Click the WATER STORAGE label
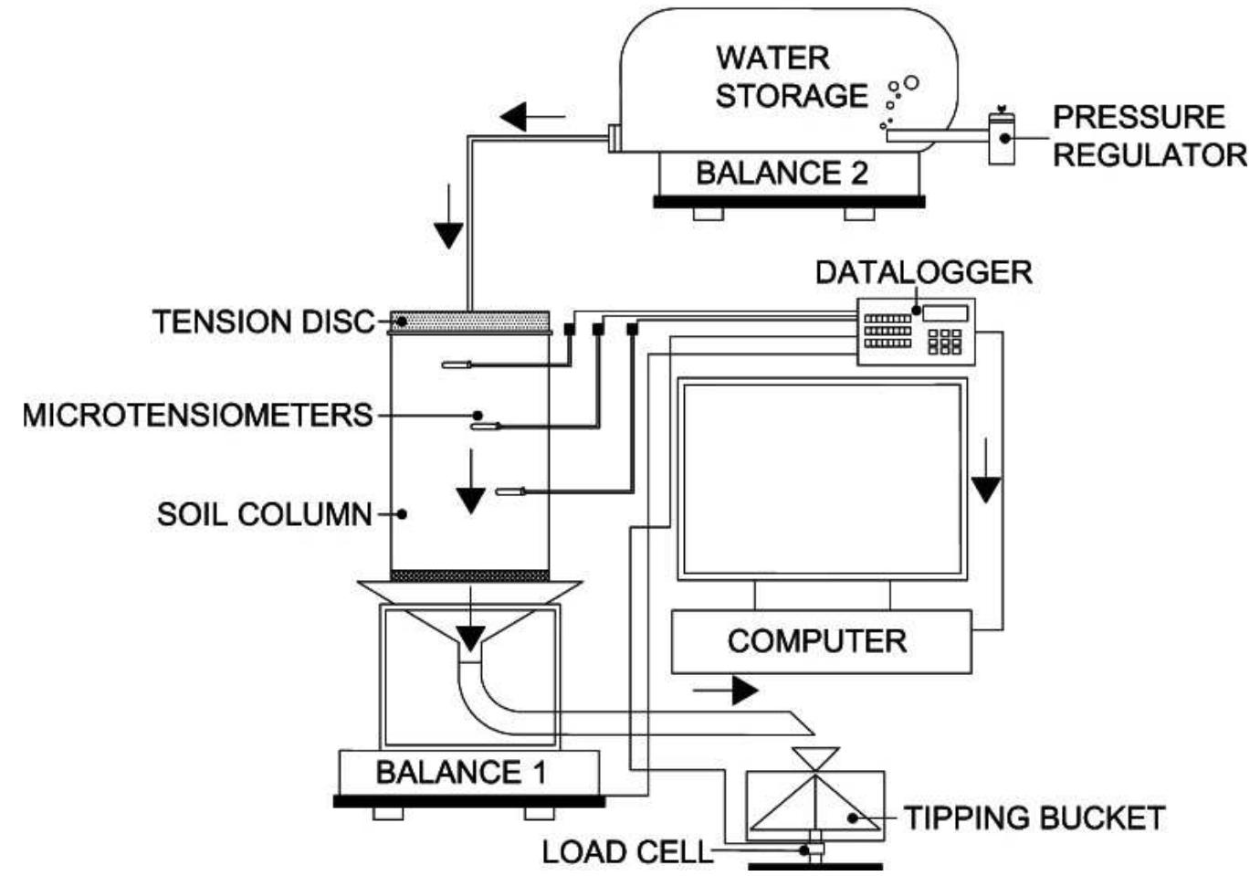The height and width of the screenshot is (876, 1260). click(791, 77)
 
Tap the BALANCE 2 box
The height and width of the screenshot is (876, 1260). click(782, 173)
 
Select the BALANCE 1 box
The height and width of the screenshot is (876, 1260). click(462, 773)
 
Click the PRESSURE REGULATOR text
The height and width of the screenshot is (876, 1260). click(1149, 136)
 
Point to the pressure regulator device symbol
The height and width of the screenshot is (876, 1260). click(1001, 139)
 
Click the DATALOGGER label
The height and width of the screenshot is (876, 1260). click(923, 272)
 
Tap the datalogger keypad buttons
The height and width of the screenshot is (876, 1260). click(944, 342)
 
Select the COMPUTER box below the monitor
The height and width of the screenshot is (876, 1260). click(819, 641)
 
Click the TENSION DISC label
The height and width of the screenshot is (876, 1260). click(264, 322)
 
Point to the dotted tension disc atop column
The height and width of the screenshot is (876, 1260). click(471, 320)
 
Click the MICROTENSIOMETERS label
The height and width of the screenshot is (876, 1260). click(197, 416)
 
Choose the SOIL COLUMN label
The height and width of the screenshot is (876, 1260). click(265, 514)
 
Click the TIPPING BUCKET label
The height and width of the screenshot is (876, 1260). click(1034, 818)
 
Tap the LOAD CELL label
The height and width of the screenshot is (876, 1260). click(625, 851)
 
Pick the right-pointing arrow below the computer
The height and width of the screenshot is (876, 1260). click(727, 691)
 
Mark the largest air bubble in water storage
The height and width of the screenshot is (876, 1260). click(910, 83)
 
